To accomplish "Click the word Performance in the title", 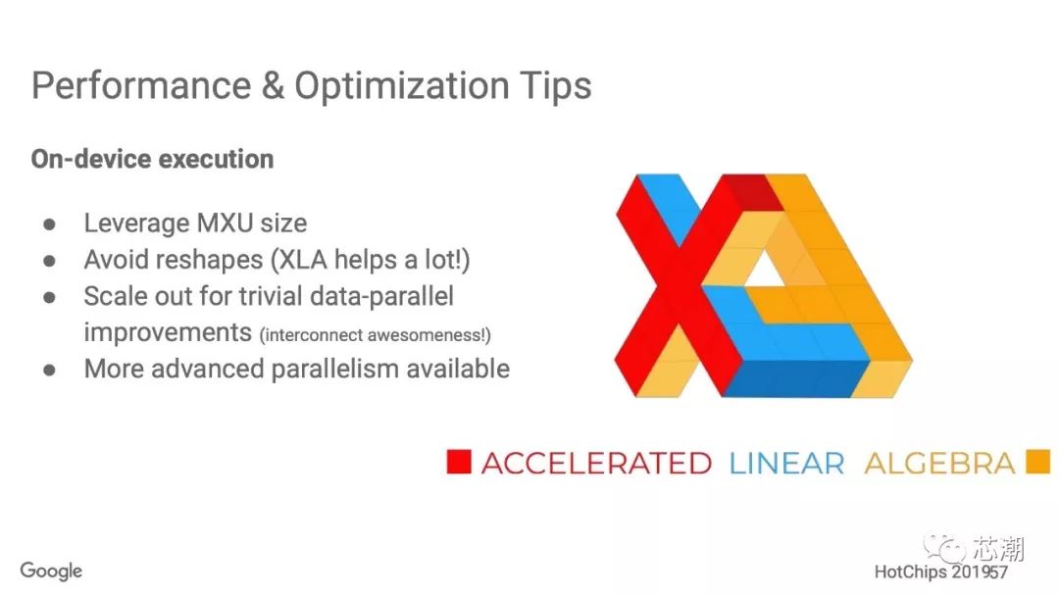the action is [x=141, y=85].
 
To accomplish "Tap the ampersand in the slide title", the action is [x=273, y=86].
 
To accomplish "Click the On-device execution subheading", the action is [x=153, y=160].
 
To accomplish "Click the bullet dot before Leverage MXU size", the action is [x=49, y=224].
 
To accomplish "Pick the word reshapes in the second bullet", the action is [x=219, y=261].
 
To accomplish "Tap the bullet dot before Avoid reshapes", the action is [x=49, y=261].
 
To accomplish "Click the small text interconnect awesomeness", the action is [x=375, y=335].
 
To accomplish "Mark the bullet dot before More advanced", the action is [x=49, y=370].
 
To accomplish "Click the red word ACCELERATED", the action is [x=596, y=464].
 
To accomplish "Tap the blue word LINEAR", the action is [x=786, y=464].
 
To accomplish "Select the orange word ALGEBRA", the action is [x=939, y=464].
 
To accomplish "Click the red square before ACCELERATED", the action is [x=459, y=463].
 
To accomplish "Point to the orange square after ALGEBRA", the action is [x=1038, y=463].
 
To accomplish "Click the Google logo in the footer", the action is [x=51, y=571].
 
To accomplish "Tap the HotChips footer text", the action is [x=940, y=572].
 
